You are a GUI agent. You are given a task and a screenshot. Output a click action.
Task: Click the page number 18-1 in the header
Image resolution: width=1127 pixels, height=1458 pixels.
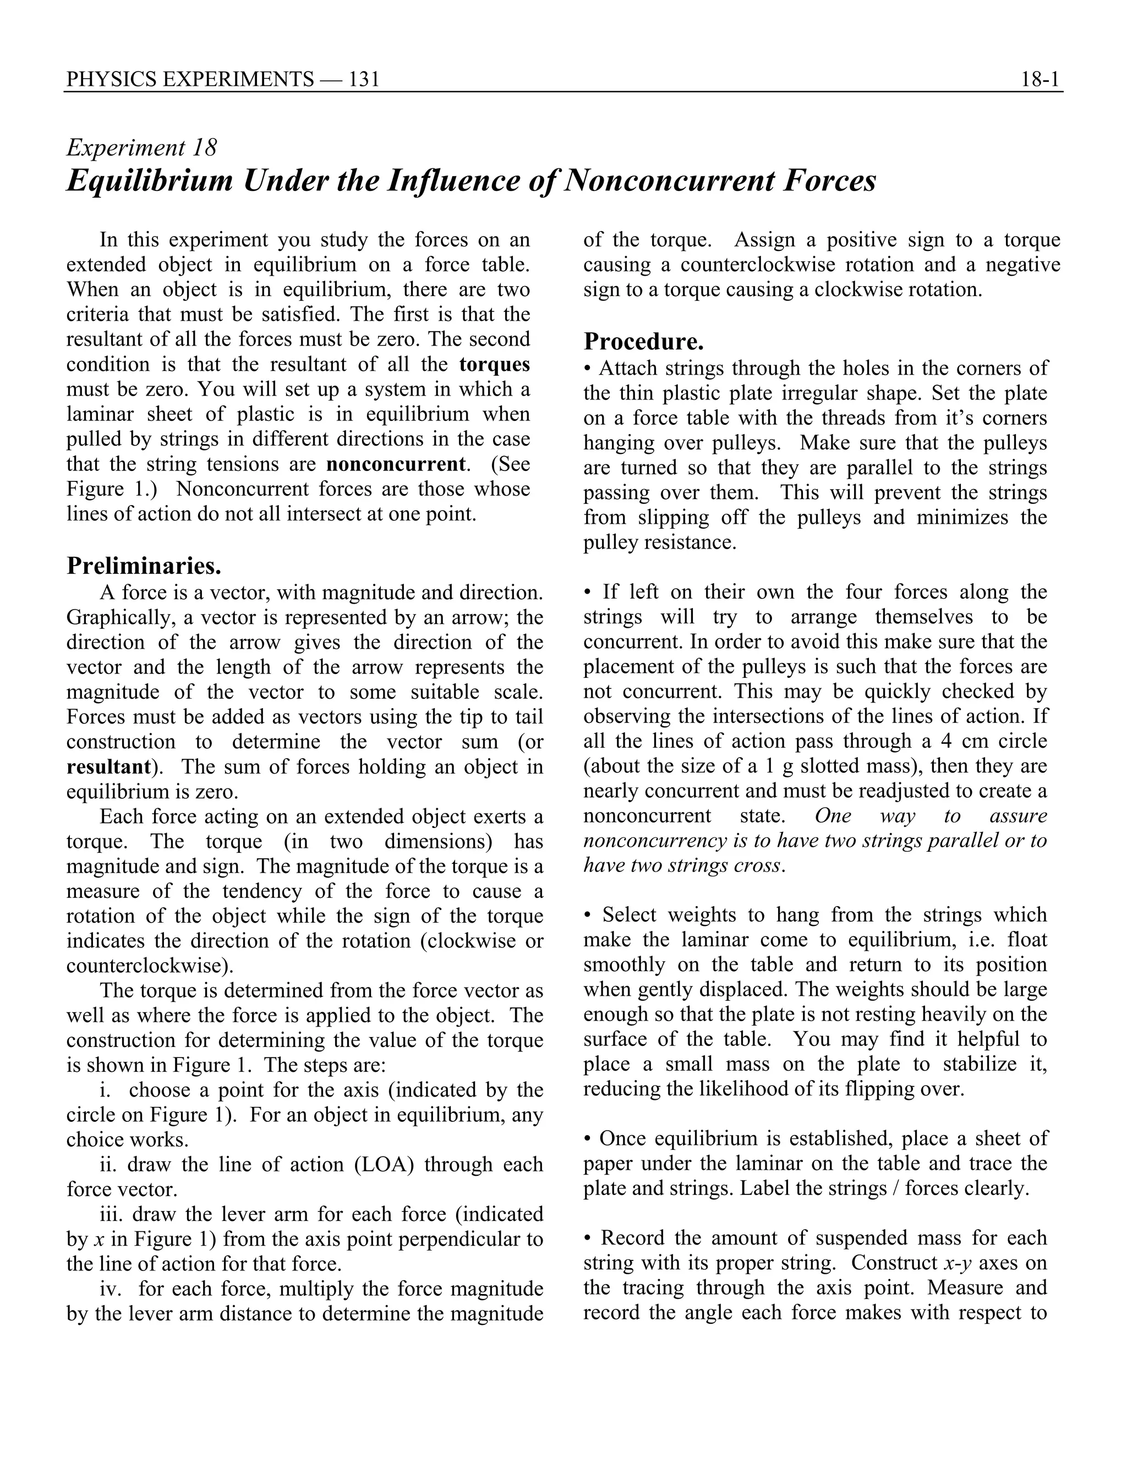[1040, 80]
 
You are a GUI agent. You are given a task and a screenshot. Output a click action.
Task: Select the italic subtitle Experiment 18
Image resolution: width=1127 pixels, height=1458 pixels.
[141, 147]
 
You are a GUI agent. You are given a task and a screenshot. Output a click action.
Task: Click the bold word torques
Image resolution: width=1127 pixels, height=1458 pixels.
[495, 364]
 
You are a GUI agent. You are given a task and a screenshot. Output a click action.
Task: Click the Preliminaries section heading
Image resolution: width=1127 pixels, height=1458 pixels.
[144, 566]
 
